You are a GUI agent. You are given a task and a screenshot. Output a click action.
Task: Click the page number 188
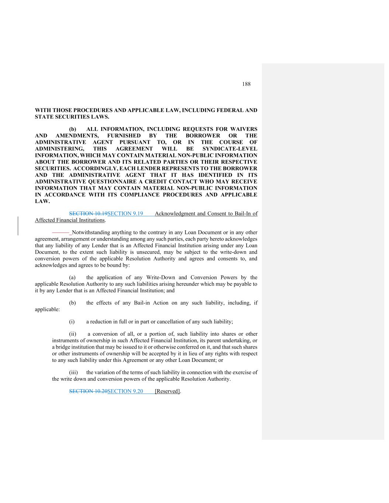coord(246,84)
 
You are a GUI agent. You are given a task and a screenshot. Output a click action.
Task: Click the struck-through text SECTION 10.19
coord(88,214)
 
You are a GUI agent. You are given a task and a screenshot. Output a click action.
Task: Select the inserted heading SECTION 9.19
coord(125,214)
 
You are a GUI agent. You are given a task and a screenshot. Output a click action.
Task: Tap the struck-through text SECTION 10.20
coord(88,391)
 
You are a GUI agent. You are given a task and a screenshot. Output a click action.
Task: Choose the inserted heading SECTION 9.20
coord(125,391)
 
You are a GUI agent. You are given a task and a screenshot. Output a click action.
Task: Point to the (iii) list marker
coord(73,373)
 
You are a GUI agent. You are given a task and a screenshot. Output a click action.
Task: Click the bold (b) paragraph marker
coord(73,129)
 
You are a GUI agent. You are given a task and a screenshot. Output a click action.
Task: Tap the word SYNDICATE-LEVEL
coord(230,149)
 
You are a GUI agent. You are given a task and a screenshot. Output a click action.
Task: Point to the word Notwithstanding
coord(91,233)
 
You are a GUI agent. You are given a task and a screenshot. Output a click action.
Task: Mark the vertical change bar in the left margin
coord(18,226)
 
